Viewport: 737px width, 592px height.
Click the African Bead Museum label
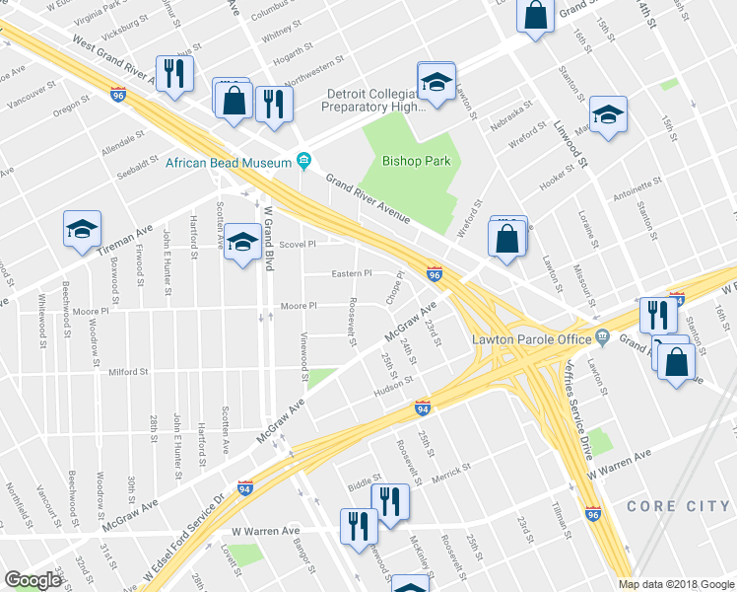tap(229, 162)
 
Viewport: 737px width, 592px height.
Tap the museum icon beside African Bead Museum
tap(303, 162)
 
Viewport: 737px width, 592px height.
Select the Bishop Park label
tap(409, 160)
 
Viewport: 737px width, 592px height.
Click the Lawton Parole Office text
tap(529, 338)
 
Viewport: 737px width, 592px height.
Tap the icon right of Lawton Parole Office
tap(601, 338)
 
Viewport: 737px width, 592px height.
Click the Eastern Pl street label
tap(353, 274)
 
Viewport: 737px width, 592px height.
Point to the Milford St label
tap(129, 372)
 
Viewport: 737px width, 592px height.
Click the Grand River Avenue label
tap(368, 196)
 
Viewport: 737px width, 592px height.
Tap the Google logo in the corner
tap(33, 580)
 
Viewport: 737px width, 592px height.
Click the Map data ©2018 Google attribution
tap(676, 584)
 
